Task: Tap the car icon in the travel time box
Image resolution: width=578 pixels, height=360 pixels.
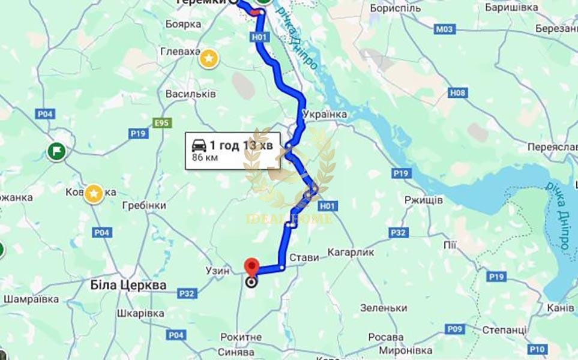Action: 197,145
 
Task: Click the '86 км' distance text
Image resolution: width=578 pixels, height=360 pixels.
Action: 204,158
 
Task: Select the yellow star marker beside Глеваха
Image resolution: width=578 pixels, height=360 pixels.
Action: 208,58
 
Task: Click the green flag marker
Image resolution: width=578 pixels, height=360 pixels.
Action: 56,150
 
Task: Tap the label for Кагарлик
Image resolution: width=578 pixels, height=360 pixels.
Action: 351,252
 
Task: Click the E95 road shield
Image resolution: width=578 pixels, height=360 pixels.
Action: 161,122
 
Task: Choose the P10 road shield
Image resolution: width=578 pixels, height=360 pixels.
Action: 538,349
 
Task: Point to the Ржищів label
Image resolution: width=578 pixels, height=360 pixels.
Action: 423,199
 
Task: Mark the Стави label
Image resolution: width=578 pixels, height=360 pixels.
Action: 304,257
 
